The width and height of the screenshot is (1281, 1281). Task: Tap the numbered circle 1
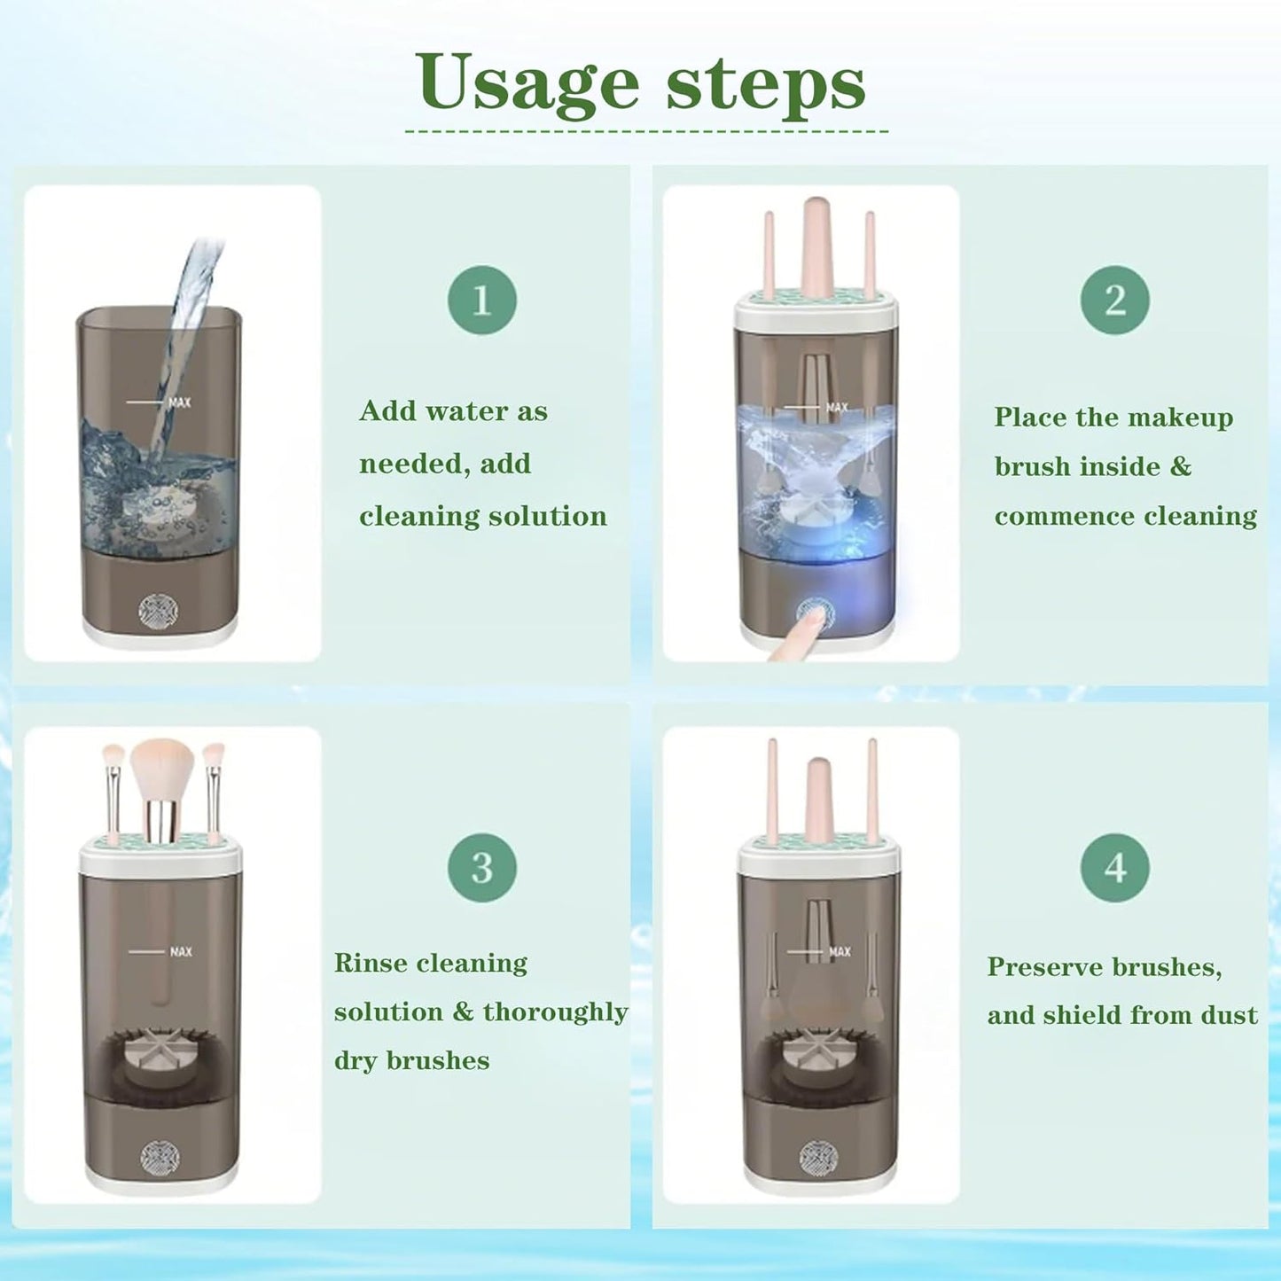click(481, 300)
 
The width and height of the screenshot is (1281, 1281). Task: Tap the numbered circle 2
click(1114, 300)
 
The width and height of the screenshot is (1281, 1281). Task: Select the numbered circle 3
click(481, 867)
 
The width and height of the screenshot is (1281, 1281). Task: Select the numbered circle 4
click(1114, 867)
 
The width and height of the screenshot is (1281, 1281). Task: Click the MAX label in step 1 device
click(179, 402)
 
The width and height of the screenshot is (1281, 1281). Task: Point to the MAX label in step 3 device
click(180, 952)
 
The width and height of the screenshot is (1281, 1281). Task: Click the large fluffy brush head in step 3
click(161, 768)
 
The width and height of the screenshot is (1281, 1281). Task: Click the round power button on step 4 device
click(817, 1157)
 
